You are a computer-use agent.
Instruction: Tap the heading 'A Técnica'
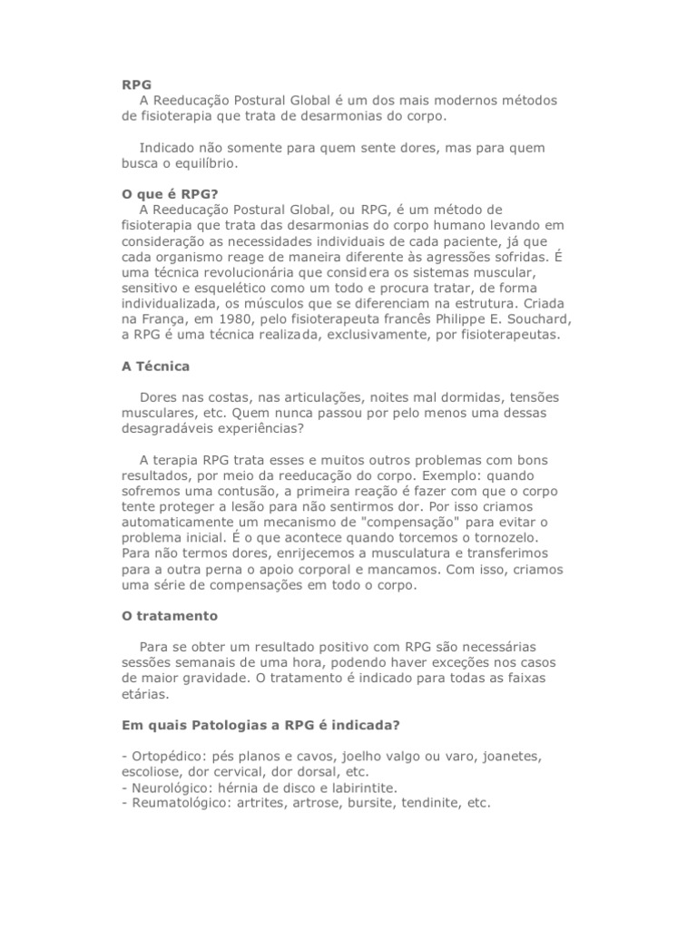(156, 367)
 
